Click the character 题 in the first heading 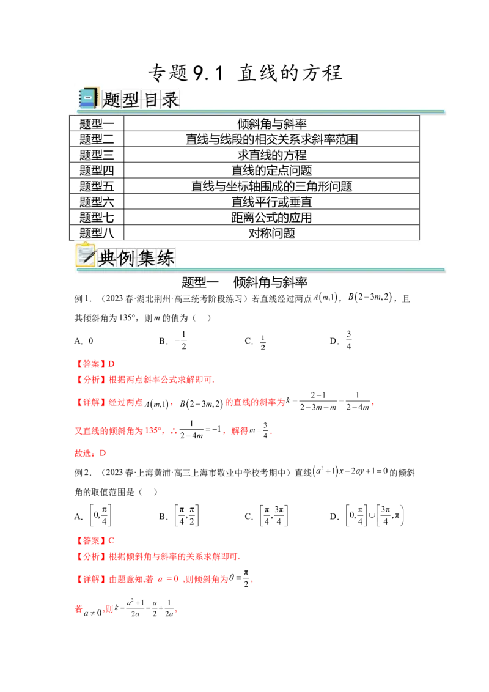click(112, 99)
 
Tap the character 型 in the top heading click(131, 99)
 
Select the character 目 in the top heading click(151, 99)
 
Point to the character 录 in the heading click(171, 99)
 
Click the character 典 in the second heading click(107, 258)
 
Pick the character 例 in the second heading click(127, 258)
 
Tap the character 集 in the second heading click(146, 258)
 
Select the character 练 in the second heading click(166, 258)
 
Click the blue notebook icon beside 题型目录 click(88, 98)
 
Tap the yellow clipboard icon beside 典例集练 click(86, 256)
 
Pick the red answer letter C click(111, 541)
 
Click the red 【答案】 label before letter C click(89, 541)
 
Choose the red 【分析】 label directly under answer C click(89, 556)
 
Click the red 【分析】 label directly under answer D click(89, 380)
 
